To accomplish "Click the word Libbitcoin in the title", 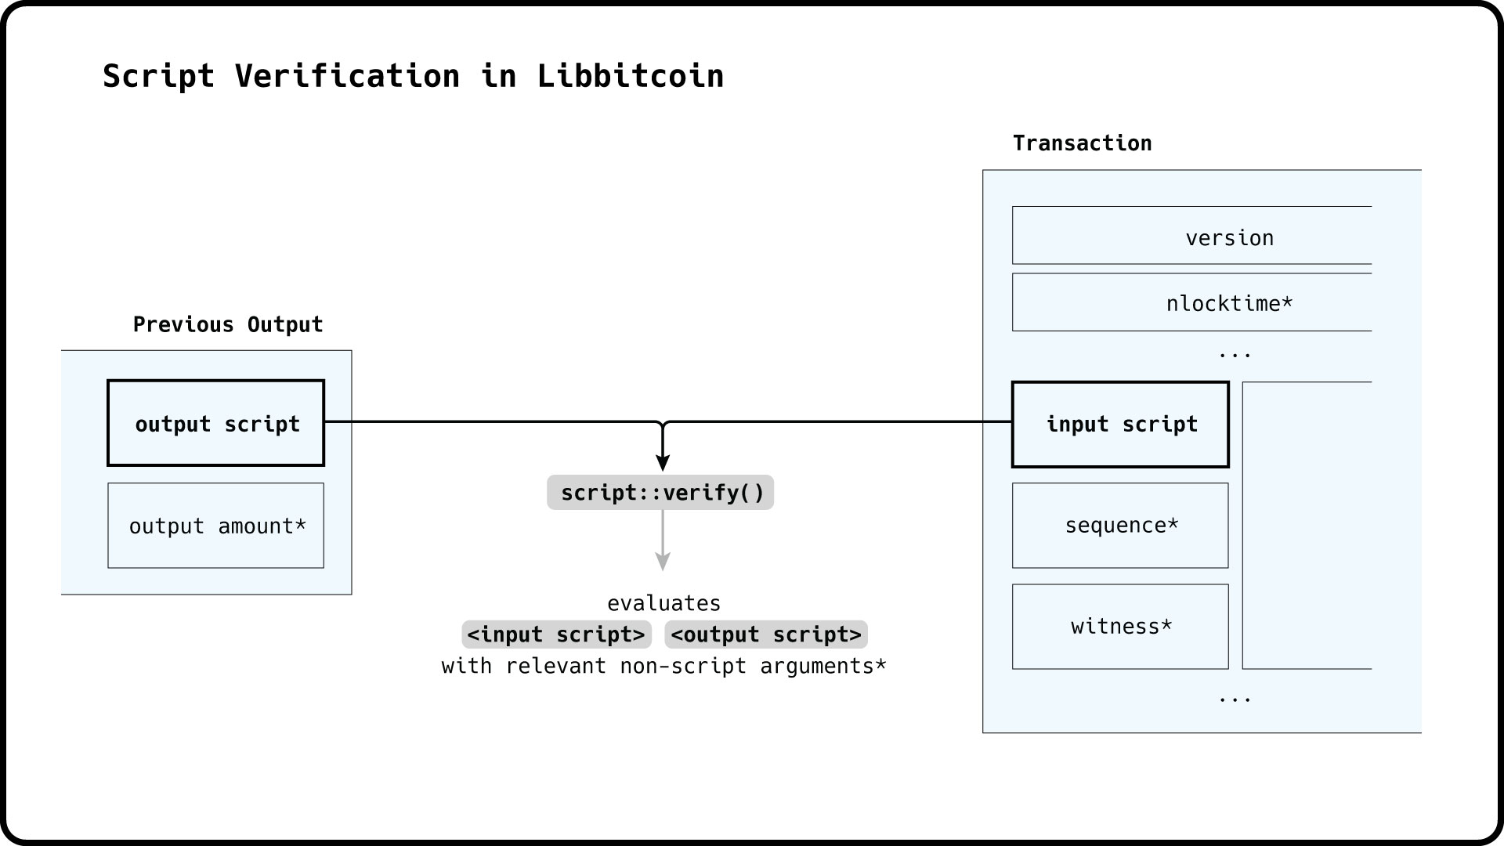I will (x=630, y=76).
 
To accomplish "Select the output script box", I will (x=216, y=424).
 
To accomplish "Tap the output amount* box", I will (x=216, y=526).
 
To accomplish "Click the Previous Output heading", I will (x=228, y=324).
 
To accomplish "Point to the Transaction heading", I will (x=1082, y=143).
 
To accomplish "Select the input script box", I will (x=1120, y=425).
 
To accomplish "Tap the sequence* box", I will (x=1120, y=526).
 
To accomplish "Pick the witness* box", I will (x=1120, y=627).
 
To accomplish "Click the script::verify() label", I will (x=660, y=493).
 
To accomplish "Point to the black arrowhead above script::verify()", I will (x=663, y=462).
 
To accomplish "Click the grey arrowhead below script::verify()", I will (x=663, y=562).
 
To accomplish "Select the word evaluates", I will (x=663, y=603).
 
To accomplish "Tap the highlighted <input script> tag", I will (x=556, y=634).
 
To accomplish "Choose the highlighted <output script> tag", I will (x=766, y=634).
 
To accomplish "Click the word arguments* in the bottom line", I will (x=822, y=666).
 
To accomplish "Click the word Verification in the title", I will (x=347, y=76).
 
